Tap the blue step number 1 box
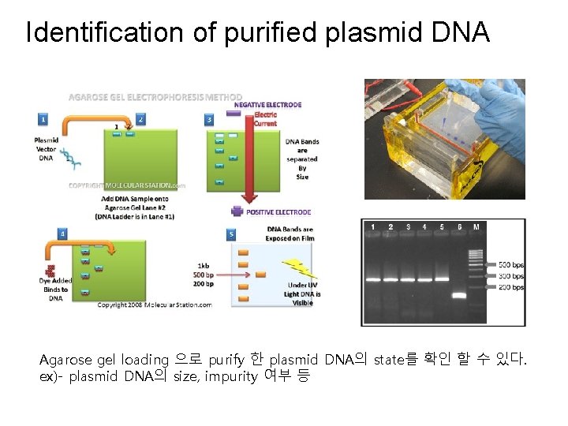point(43,120)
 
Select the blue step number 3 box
point(209,120)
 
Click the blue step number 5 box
point(231,234)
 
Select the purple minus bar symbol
point(233,114)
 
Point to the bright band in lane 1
point(372,278)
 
